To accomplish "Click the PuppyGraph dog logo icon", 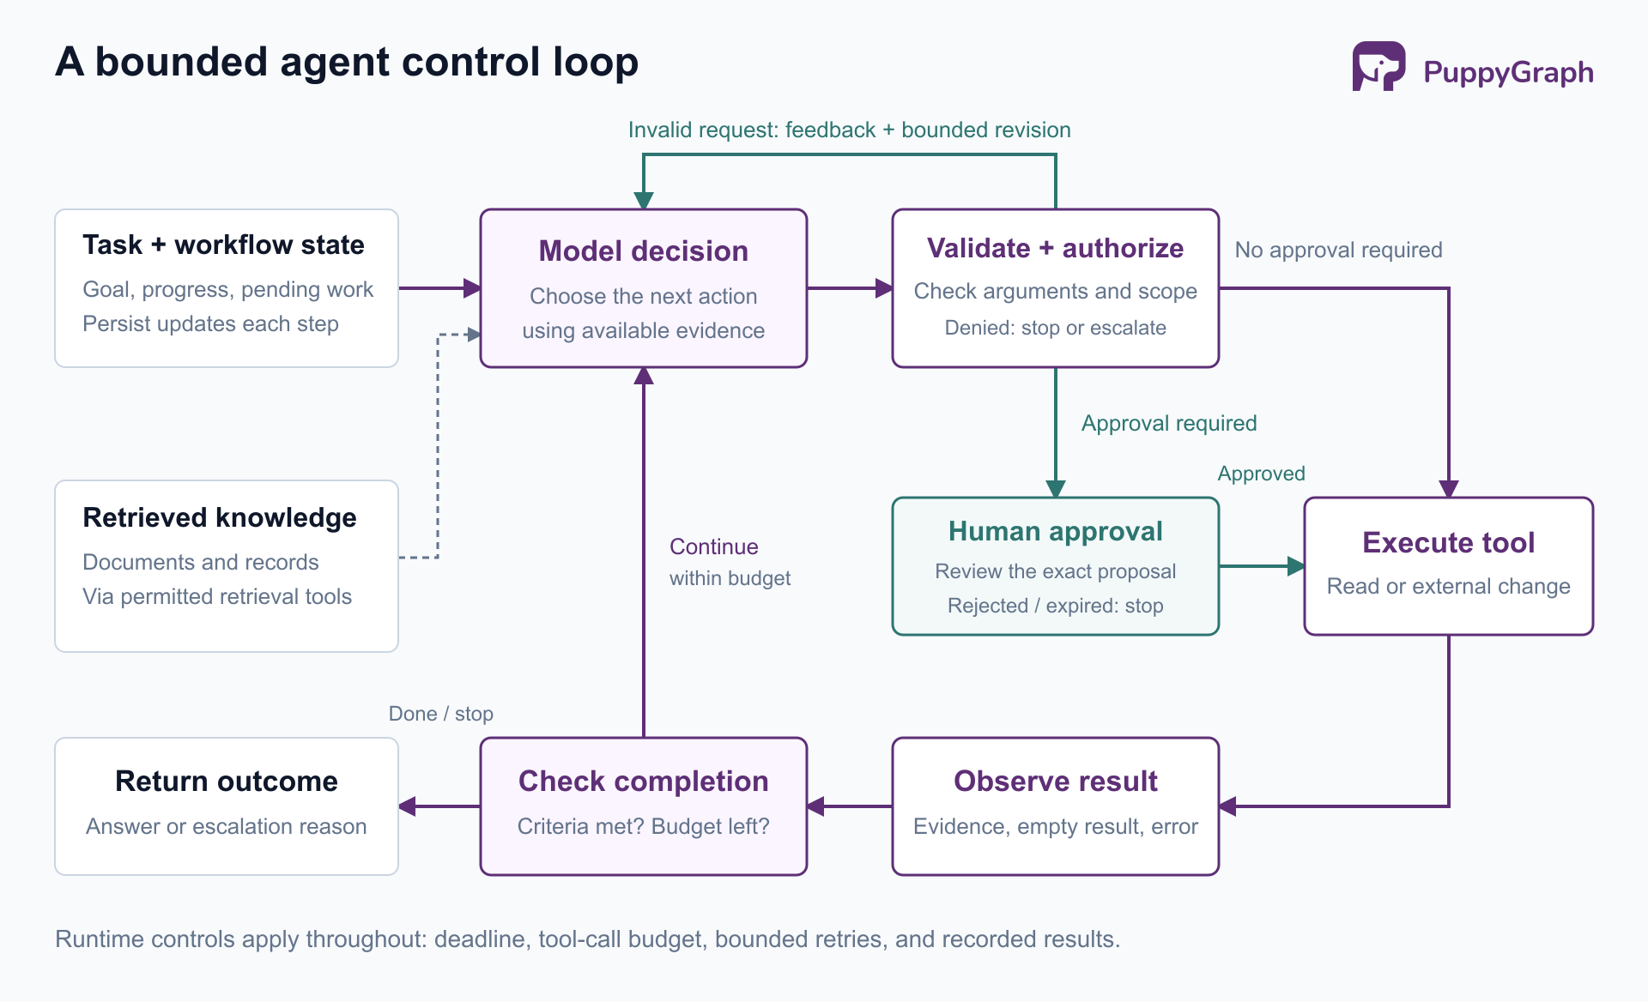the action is pos(1378,66).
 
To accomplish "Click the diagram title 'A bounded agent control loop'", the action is pos(347,62).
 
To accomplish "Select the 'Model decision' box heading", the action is pos(644,250).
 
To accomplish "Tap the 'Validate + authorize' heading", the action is pos(1056,248).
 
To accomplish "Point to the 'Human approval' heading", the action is pos(1056,531).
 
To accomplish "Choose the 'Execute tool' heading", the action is pos(1449,542).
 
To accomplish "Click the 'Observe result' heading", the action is pos(1056,781).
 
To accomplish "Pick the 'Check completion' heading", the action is pos(644,781).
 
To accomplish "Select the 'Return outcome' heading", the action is pos(227,781).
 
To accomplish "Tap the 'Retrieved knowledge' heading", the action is pos(220,517).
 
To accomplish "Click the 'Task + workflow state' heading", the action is pos(223,244).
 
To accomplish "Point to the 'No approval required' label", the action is pos(1338,250).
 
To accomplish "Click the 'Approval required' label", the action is pos(1169,423).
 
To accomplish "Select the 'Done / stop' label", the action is pos(441,714).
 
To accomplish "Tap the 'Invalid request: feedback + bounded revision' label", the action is pos(850,130).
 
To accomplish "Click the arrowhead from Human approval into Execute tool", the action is pos(1296,566).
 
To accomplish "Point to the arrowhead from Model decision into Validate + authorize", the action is pos(884,288).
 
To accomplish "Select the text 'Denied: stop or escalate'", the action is pos(1056,328).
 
